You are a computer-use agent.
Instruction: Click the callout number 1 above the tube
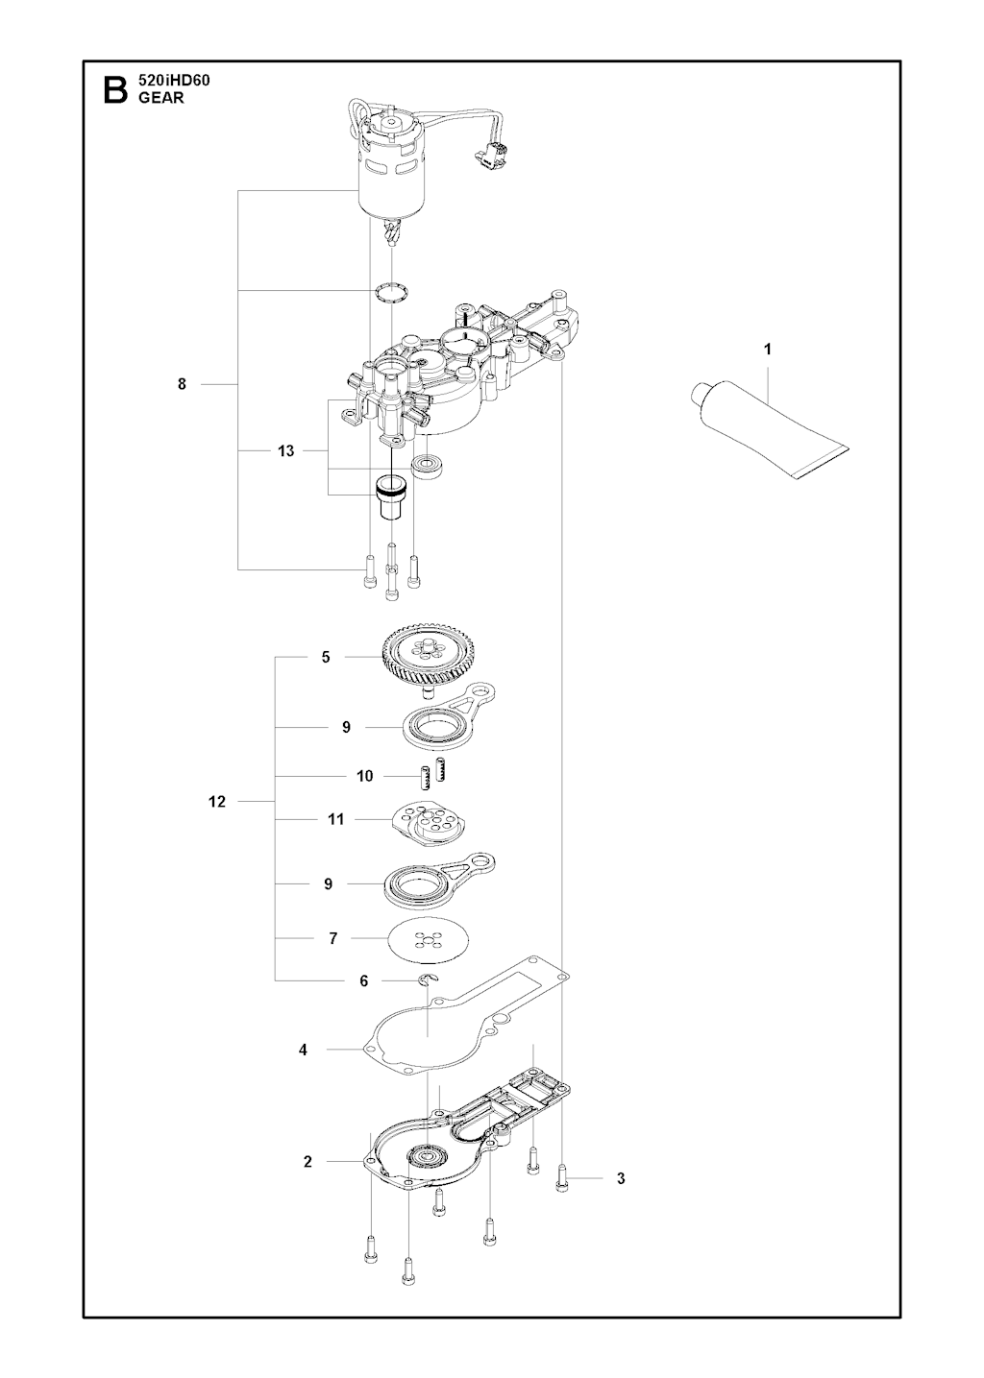pos(767,350)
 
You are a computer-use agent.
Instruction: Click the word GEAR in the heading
pos(160,97)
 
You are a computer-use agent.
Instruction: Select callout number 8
pos(182,384)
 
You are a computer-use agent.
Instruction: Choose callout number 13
pos(285,450)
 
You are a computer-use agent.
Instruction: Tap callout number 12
pos(217,801)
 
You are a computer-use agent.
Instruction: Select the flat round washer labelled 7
pos(430,937)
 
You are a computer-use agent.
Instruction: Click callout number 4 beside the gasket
pos(303,1050)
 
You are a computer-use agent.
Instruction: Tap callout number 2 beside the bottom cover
pos(307,1161)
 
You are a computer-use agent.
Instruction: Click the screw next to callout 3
pos(561,1177)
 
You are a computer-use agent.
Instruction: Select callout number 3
pos(621,1178)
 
